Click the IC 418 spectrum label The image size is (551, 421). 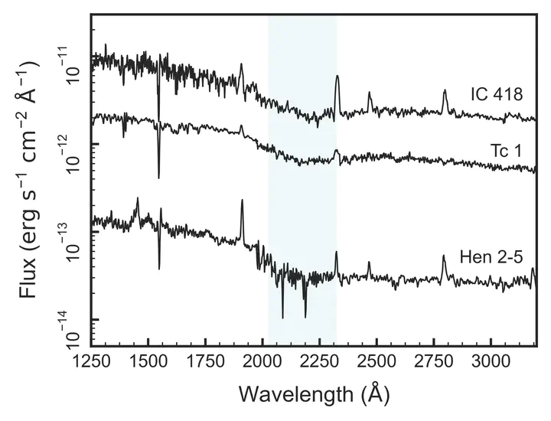[497, 96]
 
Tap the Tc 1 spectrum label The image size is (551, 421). [506, 151]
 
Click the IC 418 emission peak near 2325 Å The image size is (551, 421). [337, 76]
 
